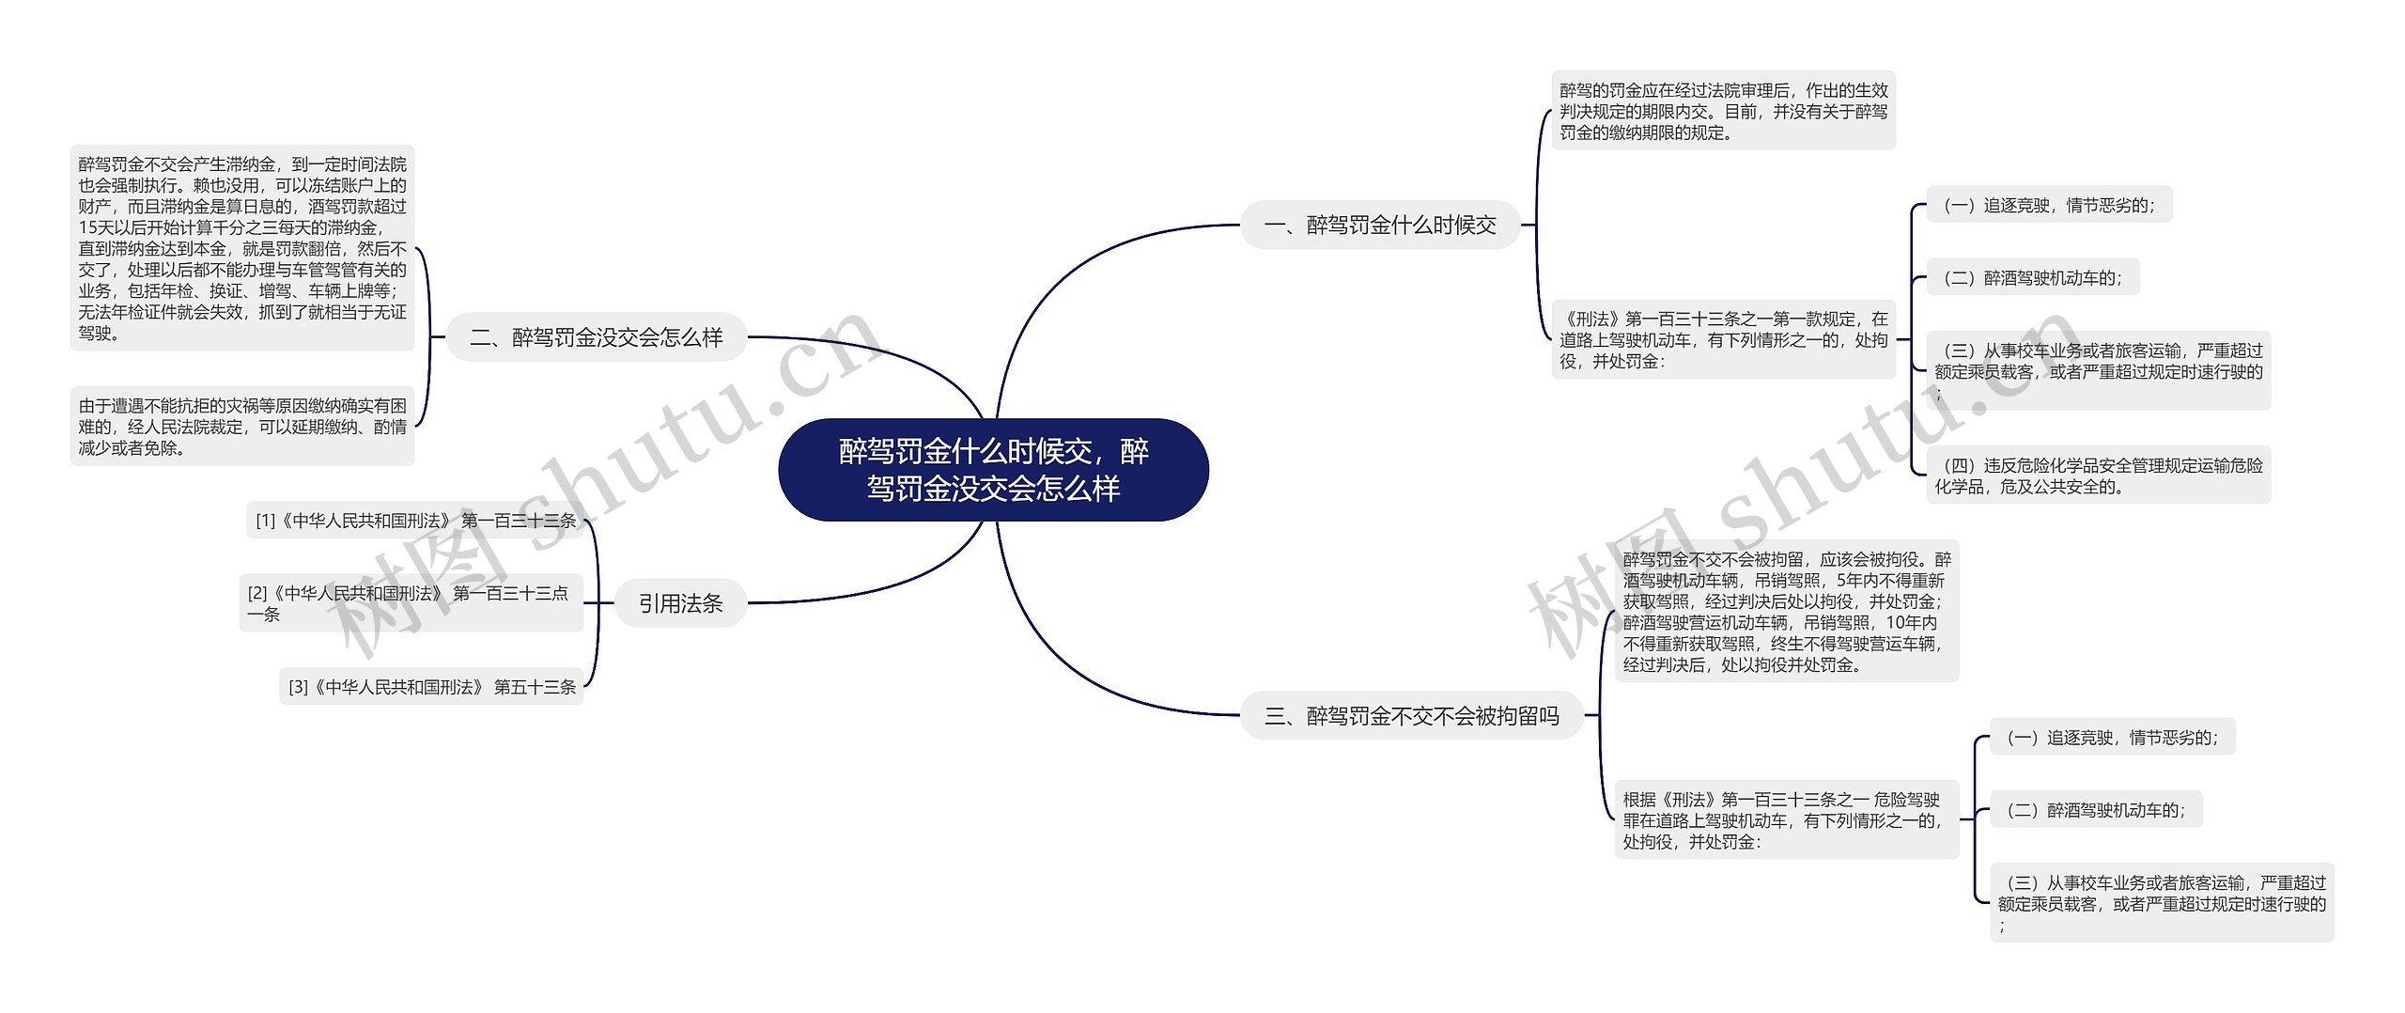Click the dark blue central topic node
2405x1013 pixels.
click(993, 470)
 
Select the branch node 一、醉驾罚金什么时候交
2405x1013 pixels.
click(1379, 225)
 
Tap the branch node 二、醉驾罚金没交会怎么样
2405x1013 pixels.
click(596, 337)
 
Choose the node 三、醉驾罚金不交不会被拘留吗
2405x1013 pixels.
click(1411, 716)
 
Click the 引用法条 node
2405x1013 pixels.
click(680, 603)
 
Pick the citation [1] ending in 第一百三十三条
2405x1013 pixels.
click(415, 521)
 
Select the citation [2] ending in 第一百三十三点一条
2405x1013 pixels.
click(411, 603)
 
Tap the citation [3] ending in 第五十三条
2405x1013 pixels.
click(431, 687)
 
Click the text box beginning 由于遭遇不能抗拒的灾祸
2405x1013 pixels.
click(242, 427)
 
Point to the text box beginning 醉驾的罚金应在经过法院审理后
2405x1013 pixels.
click(1723, 111)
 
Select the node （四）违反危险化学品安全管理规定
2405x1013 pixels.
click(2098, 475)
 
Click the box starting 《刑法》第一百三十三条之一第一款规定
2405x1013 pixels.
click(1723, 340)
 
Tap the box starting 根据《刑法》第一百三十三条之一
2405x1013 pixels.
click(1786, 820)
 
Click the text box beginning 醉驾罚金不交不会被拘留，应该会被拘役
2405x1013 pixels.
click(1786, 612)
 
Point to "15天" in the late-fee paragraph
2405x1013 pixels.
click(95, 228)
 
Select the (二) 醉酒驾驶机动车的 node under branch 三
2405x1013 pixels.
click(2095, 810)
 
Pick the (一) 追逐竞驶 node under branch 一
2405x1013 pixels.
click(2048, 205)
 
